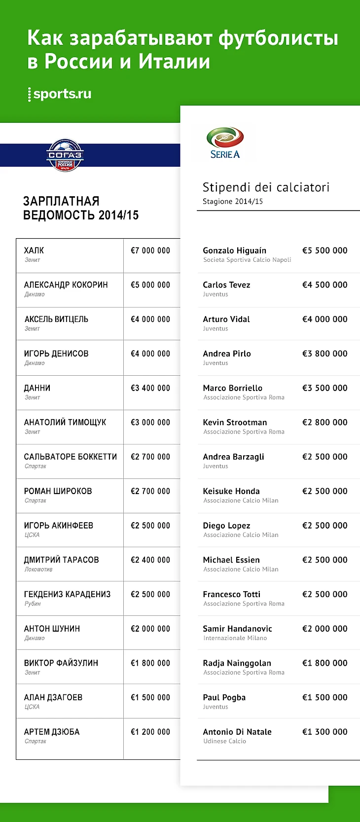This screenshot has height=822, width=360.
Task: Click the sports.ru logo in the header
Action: [x=60, y=94]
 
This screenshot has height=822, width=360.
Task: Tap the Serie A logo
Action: [x=225, y=143]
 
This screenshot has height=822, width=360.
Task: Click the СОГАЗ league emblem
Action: [x=65, y=155]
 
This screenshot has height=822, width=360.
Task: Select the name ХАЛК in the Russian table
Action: [x=34, y=250]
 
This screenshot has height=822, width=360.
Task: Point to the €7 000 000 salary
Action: [x=150, y=250]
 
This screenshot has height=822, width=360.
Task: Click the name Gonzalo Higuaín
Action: [x=234, y=250]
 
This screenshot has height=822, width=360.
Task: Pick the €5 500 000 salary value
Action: [x=324, y=250]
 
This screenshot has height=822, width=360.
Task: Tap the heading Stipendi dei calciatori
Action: [x=266, y=187]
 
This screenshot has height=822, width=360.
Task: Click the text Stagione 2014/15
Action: [x=233, y=202]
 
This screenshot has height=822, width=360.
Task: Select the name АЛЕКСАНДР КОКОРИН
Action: [x=66, y=285]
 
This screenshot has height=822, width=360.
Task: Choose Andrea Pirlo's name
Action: [x=227, y=354]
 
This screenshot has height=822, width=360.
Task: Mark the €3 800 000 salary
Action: [x=324, y=354]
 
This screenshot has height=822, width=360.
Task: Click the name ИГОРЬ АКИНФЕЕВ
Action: [x=59, y=526]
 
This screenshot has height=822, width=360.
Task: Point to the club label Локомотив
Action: [x=38, y=569]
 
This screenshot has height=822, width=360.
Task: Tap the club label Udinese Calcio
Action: [x=224, y=741]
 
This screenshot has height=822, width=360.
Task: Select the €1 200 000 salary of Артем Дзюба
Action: [x=150, y=732]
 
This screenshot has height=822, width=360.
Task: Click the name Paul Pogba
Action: [x=224, y=697]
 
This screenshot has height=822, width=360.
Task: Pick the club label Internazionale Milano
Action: [x=235, y=638]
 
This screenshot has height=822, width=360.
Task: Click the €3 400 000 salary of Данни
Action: [x=150, y=388]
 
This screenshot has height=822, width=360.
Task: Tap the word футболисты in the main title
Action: [x=278, y=38]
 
